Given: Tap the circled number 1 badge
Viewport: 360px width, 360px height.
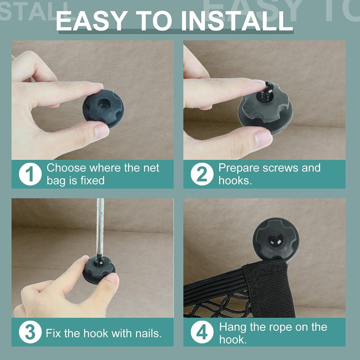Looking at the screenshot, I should point(30,174).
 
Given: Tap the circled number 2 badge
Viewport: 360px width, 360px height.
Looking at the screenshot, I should point(202,174).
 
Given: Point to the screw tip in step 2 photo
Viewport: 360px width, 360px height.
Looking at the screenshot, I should point(269,85).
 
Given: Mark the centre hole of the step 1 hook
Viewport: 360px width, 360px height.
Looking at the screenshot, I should point(103,106).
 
